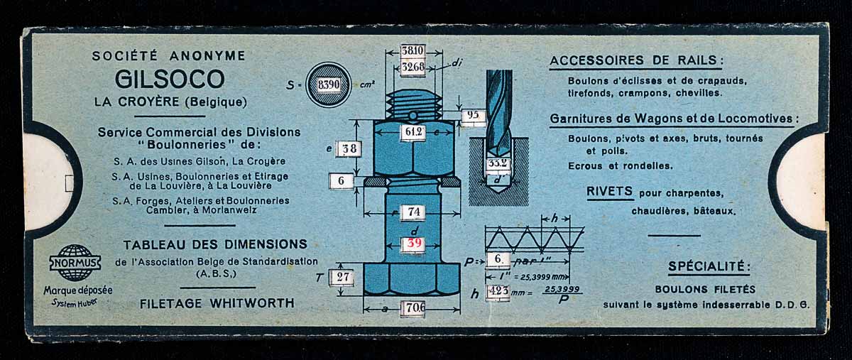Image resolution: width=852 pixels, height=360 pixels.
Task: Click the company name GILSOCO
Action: click(x=170, y=78)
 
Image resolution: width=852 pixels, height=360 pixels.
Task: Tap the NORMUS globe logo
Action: click(x=75, y=261)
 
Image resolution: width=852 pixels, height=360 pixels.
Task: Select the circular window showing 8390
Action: click(x=328, y=84)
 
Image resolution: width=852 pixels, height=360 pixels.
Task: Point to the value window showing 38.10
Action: click(x=413, y=51)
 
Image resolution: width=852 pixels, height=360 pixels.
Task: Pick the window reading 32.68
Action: click(x=413, y=67)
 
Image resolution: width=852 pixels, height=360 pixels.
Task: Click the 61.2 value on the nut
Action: click(x=413, y=132)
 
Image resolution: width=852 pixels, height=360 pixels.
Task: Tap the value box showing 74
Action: click(x=413, y=212)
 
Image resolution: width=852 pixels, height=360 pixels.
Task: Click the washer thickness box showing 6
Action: click(x=342, y=181)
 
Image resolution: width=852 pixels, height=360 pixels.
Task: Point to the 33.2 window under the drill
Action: click(x=498, y=164)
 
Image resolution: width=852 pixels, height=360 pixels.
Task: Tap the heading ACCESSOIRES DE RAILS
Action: click(x=636, y=61)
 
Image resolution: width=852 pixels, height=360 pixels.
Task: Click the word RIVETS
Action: click(x=610, y=191)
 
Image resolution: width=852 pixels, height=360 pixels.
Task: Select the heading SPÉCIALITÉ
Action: click(x=709, y=267)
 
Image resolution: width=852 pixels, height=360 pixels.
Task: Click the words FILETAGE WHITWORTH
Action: click(x=217, y=303)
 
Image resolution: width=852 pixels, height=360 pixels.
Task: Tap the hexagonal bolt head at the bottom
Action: click(x=412, y=278)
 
